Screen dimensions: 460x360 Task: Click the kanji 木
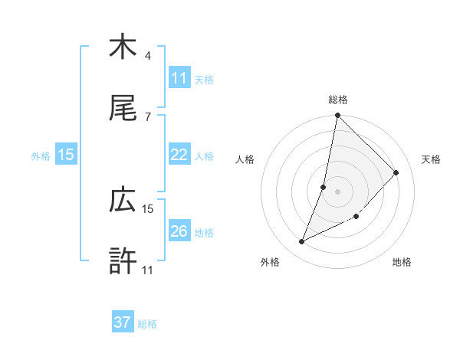(x=123, y=47)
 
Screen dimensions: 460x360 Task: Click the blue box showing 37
(x=123, y=322)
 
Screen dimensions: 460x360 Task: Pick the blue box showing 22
(x=179, y=155)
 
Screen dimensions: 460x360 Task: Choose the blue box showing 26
(x=179, y=231)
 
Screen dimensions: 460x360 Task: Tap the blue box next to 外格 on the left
(x=66, y=155)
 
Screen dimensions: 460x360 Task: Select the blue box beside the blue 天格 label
(x=179, y=78)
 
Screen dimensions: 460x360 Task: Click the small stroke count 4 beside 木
(x=148, y=56)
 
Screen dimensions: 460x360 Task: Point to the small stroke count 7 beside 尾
(x=148, y=116)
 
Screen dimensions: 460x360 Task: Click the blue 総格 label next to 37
(x=147, y=324)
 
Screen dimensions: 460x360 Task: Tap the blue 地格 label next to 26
(x=204, y=232)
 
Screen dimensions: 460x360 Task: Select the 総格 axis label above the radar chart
(x=338, y=100)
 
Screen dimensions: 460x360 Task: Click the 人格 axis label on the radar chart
(x=245, y=159)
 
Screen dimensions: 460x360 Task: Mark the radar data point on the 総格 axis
(x=337, y=116)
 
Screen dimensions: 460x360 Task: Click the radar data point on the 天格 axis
(x=396, y=172)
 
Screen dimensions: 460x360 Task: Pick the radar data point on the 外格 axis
(x=301, y=242)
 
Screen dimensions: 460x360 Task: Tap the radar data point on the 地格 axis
(x=356, y=216)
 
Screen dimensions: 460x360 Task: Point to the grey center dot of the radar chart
(x=337, y=191)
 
